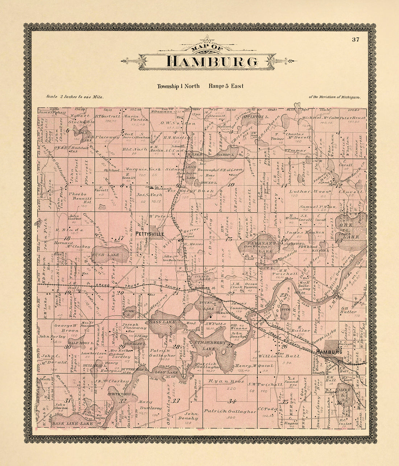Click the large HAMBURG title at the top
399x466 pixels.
click(212, 61)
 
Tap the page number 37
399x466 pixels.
click(355, 40)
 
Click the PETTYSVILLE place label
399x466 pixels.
click(149, 234)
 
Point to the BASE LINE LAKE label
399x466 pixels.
click(67, 423)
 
